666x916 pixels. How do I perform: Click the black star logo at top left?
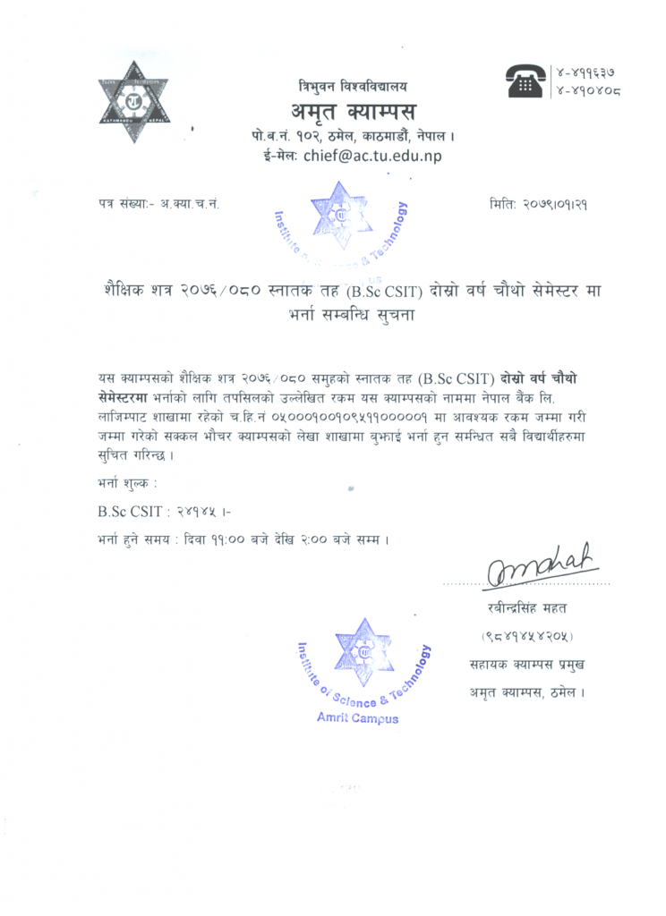click(133, 101)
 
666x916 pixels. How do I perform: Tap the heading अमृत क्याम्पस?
click(353, 113)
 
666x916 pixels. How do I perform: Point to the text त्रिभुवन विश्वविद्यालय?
click(353, 87)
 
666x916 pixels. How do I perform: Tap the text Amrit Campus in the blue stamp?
click(357, 718)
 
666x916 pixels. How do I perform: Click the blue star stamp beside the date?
click(341, 215)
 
